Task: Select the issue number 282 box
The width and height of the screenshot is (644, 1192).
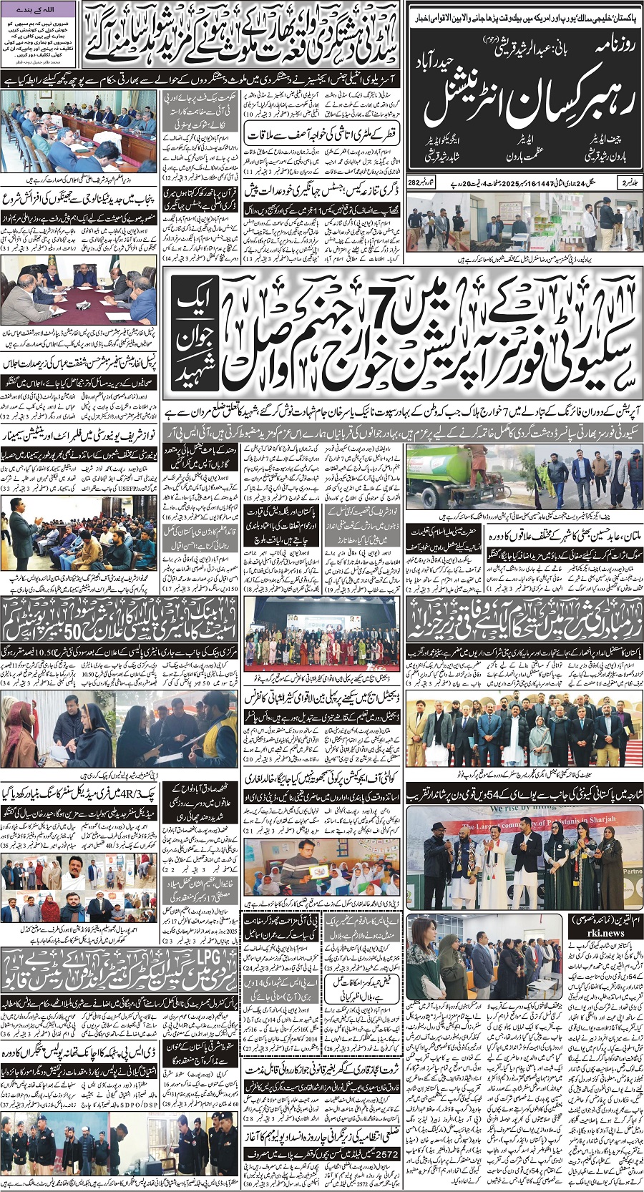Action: point(413,182)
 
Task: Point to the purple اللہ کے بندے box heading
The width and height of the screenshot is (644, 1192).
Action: point(39,9)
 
